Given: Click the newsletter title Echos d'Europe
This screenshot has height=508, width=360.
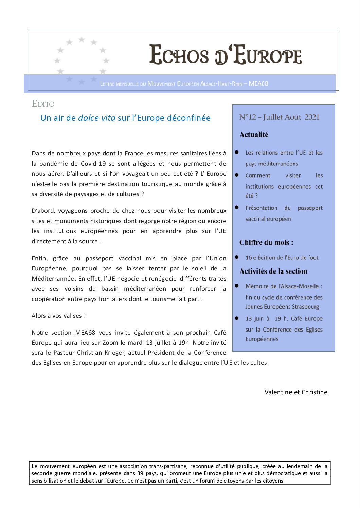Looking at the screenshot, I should [x=226, y=55].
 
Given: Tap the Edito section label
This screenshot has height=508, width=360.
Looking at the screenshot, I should [x=43, y=104].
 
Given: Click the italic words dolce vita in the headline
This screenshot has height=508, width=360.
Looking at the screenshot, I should [x=97, y=118].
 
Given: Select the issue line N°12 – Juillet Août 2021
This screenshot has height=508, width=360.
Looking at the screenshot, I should [x=279, y=117].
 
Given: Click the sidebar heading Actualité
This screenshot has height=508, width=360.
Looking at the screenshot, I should [x=254, y=135].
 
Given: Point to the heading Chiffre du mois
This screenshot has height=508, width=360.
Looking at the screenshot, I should [x=266, y=243].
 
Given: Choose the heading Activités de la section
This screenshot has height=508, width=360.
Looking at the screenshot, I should [x=273, y=271].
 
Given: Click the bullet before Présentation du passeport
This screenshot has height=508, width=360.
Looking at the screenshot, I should [x=237, y=207].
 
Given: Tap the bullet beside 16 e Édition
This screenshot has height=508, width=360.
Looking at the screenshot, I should [x=237, y=257].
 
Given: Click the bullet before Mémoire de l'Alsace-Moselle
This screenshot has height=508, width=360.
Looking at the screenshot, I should [x=237, y=286].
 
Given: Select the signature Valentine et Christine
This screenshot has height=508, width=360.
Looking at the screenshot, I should [x=296, y=392].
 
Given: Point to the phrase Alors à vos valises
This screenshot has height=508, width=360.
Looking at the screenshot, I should [x=58, y=316].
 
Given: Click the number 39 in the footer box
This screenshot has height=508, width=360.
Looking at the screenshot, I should [x=140, y=473].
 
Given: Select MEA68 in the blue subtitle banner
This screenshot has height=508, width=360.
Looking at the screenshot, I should [x=258, y=83].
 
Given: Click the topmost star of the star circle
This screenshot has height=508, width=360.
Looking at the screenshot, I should [x=82, y=40].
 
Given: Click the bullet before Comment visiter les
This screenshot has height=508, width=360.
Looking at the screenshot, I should [x=237, y=175].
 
